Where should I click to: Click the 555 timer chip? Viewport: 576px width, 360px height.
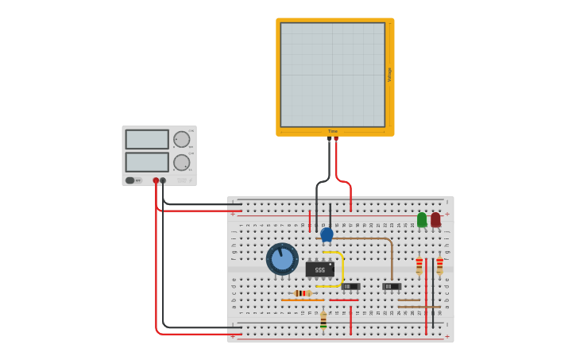(x=319, y=269)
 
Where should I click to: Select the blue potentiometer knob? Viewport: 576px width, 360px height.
(x=282, y=259)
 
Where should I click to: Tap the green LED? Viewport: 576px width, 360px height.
(x=422, y=219)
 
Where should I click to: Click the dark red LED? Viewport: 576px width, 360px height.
(x=435, y=219)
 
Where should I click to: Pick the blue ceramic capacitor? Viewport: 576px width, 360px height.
(x=327, y=234)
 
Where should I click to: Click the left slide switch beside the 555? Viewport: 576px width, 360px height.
(x=350, y=286)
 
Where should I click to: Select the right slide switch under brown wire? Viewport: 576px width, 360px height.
(x=391, y=286)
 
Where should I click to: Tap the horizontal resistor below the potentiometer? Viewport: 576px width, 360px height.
(x=303, y=293)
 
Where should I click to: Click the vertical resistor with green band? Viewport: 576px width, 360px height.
(x=323, y=319)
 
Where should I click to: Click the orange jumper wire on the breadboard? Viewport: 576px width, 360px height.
(x=302, y=300)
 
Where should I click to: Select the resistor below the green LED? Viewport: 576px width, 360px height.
(x=419, y=265)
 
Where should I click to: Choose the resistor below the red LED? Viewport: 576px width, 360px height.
(x=439, y=265)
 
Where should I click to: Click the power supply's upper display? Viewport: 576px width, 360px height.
(x=147, y=139)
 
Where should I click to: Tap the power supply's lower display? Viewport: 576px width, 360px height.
(x=147, y=162)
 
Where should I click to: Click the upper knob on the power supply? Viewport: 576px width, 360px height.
(x=182, y=139)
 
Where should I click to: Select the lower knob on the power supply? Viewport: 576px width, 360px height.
(x=182, y=162)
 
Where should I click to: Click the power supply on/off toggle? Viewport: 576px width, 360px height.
(x=130, y=180)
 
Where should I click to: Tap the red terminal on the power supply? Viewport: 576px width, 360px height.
(x=156, y=180)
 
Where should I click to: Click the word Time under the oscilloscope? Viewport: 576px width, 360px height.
(x=332, y=131)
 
